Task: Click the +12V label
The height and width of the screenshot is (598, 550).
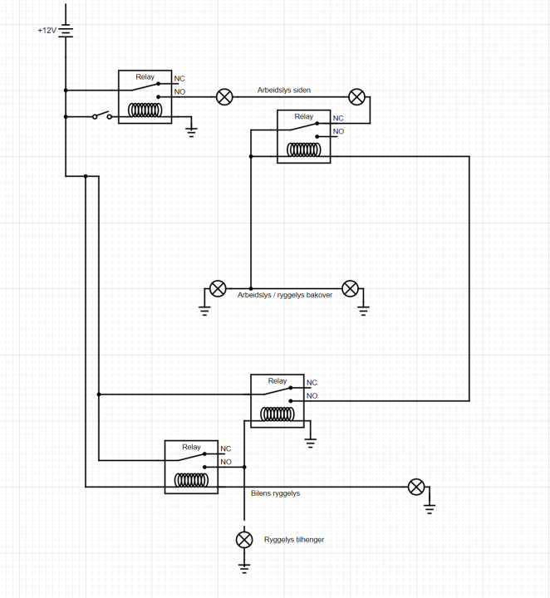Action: point(47,31)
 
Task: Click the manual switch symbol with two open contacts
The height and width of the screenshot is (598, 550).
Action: point(102,116)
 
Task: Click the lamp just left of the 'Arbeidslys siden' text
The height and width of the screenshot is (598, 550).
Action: point(224,97)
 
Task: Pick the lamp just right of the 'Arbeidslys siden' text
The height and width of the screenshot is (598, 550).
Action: point(356,97)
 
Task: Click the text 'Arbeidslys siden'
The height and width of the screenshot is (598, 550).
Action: point(284,90)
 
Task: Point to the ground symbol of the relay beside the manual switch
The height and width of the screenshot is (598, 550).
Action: point(192,130)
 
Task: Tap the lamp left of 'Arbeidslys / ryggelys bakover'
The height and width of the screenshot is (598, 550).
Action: point(217,288)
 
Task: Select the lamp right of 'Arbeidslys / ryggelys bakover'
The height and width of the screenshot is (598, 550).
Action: point(351,288)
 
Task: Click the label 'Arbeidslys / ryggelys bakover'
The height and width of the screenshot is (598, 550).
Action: point(285,295)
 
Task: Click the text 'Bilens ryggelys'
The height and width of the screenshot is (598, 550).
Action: point(275,493)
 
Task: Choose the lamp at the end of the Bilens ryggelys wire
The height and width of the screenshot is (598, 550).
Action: point(416,487)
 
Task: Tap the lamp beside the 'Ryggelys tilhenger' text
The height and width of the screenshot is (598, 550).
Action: point(244,540)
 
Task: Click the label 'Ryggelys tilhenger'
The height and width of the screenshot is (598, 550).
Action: point(293,540)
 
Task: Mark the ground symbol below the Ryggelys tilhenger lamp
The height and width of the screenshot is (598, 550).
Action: point(244,567)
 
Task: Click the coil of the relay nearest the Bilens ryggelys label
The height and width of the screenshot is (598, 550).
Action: point(192,480)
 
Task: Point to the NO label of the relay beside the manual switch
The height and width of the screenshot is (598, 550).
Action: point(179,91)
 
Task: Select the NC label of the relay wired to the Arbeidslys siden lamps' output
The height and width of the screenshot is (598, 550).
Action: point(337,119)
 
